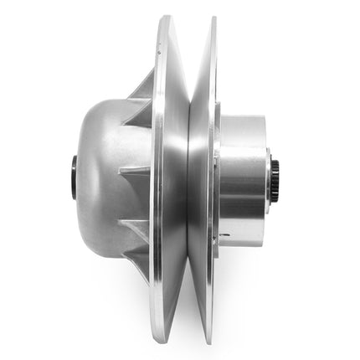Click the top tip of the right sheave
212,19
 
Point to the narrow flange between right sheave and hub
215,180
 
